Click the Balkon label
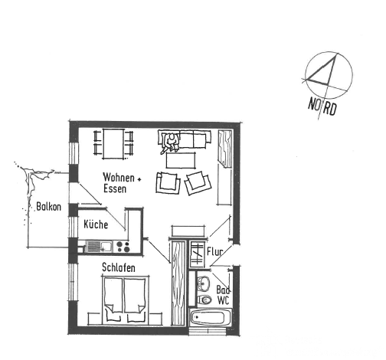pos(48,207)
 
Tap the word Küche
pos(96,224)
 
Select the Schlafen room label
pos(119,267)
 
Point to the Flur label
pos(214,251)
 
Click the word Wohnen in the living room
pos(119,177)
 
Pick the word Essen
pos(115,188)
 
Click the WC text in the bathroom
pos(223,300)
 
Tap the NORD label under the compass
pos(322,106)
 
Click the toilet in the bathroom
pos(204,299)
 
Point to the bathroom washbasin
pos(204,283)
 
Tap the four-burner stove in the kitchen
pos(123,247)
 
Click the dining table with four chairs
pos(113,144)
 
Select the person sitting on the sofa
pos(170,143)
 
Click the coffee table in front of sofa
pos(181,160)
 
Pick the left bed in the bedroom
pos(113,299)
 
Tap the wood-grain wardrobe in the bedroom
pos(178,283)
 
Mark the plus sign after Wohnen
pos(139,179)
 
